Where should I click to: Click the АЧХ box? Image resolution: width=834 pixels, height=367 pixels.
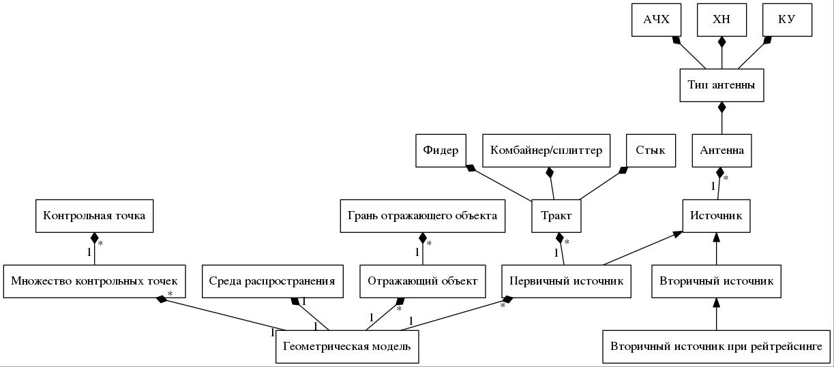[x=656, y=20]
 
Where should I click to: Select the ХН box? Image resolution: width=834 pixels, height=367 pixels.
[x=721, y=20]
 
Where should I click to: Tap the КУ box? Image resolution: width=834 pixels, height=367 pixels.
[x=787, y=20]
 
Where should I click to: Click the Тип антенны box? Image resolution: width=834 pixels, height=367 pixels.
[x=721, y=85]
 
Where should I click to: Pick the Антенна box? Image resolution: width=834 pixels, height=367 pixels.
[x=721, y=150]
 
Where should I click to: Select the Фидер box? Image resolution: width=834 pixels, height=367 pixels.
[x=441, y=150]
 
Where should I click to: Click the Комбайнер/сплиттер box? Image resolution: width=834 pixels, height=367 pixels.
[x=546, y=150]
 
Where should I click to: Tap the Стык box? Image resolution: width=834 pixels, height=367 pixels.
[x=651, y=150]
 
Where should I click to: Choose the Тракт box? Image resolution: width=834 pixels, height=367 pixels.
[x=556, y=216]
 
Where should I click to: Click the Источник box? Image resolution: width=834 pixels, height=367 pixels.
[x=716, y=216]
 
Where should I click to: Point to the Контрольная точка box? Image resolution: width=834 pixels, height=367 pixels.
[x=94, y=216]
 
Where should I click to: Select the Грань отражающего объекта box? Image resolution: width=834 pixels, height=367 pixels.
[x=423, y=216]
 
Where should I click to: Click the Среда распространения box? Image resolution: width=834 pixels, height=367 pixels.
[x=273, y=281]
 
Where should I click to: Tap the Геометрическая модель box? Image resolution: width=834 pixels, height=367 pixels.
[x=347, y=347]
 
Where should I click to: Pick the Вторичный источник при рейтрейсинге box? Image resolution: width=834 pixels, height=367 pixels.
[x=716, y=347]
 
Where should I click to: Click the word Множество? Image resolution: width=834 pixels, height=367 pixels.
[x=41, y=281]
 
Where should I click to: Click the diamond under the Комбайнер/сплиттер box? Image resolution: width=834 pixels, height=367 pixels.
[x=550, y=172]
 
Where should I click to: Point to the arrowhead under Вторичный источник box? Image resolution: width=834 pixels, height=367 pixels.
[x=716, y=303]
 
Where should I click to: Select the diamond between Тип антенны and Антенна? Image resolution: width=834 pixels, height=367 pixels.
[x=722, y=107]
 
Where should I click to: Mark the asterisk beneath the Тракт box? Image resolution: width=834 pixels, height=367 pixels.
[x=567, y=242]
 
